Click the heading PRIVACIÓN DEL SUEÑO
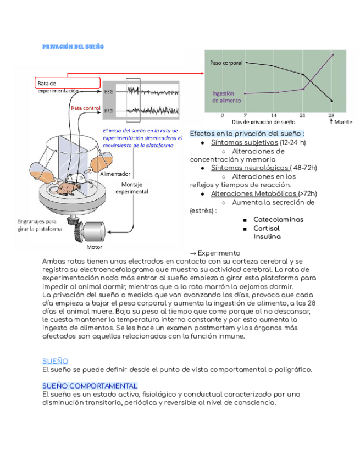click(x=73, y=47)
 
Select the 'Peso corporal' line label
click(x=226, y=63)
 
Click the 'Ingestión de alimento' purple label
click(x=224, y=97)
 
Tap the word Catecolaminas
click(x=278, y=219)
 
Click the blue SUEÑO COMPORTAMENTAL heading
click(x=90, y=386)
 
